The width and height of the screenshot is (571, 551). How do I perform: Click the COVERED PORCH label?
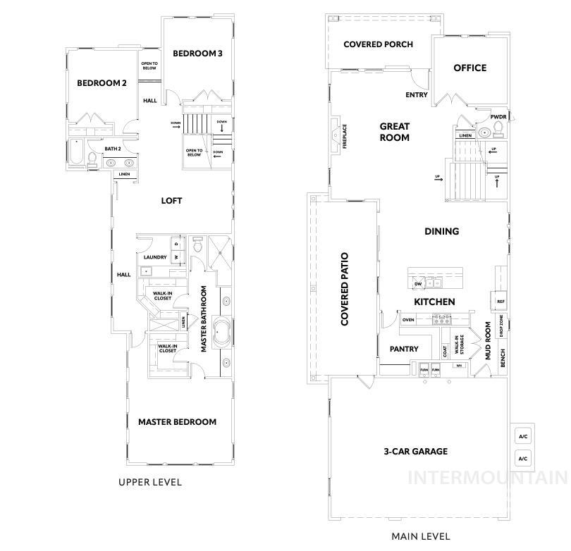(378, 44)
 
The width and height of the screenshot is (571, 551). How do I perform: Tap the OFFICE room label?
(469, 68)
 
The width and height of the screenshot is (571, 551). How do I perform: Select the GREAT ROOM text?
(395, 132)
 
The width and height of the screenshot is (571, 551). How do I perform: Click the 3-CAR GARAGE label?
(415, 452)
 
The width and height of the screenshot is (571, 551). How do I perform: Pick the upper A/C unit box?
(523, 437)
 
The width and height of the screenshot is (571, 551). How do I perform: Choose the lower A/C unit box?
(523, 459)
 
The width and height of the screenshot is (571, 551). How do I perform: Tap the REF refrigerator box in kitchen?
(501, 301)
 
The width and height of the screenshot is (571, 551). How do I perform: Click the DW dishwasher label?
(418, 284)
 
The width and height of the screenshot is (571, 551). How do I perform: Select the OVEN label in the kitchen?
(408, 320)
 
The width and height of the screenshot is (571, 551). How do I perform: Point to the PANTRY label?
(404, 349)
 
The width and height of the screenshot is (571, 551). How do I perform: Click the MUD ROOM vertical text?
(487, 342)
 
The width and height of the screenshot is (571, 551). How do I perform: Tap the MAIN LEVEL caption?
(420, 536)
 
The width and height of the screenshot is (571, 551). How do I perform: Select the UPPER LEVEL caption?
(150, 483)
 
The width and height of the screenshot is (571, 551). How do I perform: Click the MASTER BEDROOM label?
(177, 422)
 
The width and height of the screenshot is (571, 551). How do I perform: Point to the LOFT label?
(171, 201)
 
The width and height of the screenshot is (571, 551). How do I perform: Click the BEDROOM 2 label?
(102, 83)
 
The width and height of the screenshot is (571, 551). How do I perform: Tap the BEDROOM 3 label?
(198, 53)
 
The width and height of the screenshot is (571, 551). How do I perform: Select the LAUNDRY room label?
(155, 257)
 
